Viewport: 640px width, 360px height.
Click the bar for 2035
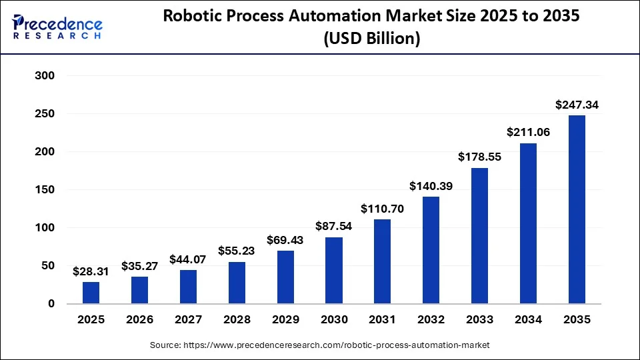(577, 209)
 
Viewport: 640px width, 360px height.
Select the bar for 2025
(91, 293)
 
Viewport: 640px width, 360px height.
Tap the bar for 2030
(334, 270)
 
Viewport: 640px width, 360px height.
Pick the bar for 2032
(431, 250)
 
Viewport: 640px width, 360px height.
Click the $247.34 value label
(577, 105)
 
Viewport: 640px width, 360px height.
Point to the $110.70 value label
(382, 209)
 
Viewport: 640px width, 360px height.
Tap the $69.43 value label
(285, 240)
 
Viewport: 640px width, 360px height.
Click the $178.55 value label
(479, 157)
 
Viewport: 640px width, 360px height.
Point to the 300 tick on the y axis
(44, 76)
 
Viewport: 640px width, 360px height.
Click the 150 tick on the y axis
(44, 190)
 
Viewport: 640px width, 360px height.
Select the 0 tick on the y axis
(51, 304)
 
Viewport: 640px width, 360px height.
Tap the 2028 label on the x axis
(237, 319)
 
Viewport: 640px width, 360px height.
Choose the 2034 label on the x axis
(528, 319)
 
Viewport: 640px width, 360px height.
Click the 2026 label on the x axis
(139, 319)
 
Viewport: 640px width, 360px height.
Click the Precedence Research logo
(57, 27)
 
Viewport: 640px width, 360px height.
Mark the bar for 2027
(188, 287)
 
